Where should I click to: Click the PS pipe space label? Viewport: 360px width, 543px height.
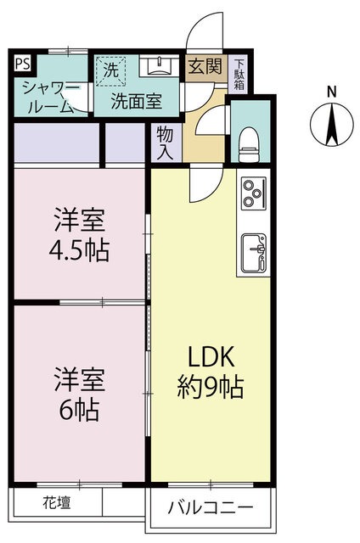click(23, 64)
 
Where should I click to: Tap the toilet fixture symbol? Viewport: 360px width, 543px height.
click(249, 145)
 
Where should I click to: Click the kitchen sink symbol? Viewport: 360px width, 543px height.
click(254, 253)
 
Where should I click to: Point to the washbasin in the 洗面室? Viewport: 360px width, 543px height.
click(160, 66)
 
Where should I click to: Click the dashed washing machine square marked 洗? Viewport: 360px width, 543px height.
click(110, 71)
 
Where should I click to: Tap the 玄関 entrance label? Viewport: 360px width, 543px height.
click(205, 66)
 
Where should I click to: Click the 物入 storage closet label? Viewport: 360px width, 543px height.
click(165, 143)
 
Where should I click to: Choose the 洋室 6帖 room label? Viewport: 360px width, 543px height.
click(79, 394)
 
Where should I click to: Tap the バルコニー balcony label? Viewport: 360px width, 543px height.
click(211, 508)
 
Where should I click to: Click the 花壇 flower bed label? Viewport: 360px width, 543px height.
click(57, 502)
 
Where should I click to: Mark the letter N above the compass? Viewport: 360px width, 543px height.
click(332, 92)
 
